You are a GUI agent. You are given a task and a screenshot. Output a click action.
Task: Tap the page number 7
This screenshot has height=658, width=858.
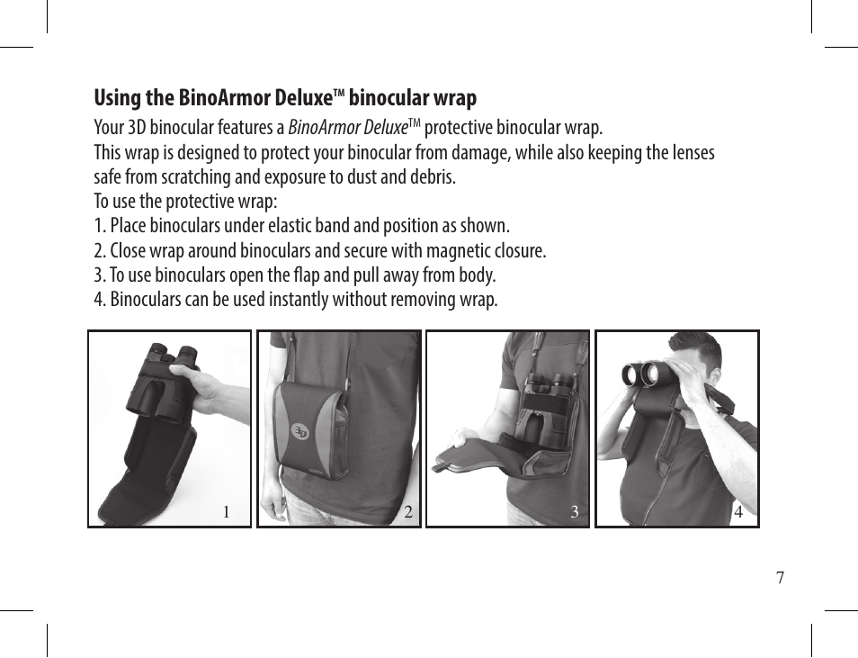(x=781, y=578)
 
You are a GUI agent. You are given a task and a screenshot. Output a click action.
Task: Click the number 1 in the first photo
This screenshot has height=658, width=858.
(x=226, y=511)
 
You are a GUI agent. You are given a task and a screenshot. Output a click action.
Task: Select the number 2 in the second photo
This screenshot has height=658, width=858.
(x=408, y=511)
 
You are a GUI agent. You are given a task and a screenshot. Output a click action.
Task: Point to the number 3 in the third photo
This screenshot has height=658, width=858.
(x=574, y=511)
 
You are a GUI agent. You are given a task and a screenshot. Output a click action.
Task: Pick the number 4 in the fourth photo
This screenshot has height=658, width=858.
(x=738, y=511)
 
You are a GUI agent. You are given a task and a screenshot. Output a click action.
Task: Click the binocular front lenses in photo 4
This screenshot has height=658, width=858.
(x=642, y=374)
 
